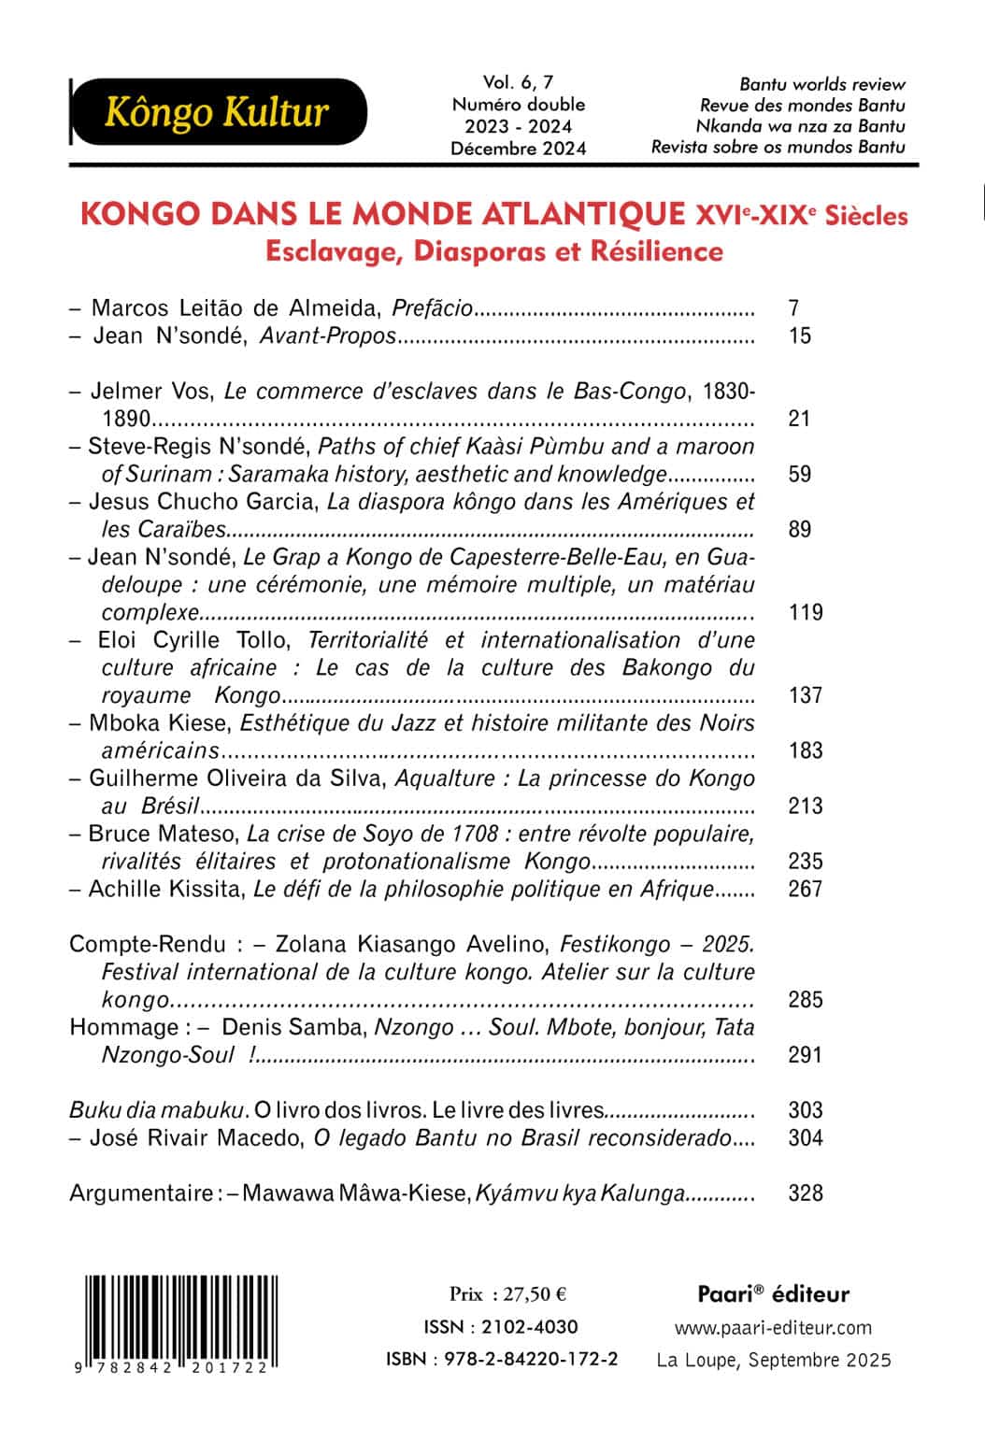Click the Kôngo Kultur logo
pyautogui.click(x=218, y=112)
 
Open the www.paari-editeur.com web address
pyautogui.click(x=773, y=1327)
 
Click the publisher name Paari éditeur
pyautogui.click(x=773, y=1294)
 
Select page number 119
pyautogui.click(x=805, y=612)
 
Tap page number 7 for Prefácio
pyautogui.click(x=793, y=307)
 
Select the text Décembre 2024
pyautogui.click(x=518, y=148)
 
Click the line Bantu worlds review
pyautogui.click(x=822, y=85)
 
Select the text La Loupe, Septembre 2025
pyautogui.click(x=774, y=1360)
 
